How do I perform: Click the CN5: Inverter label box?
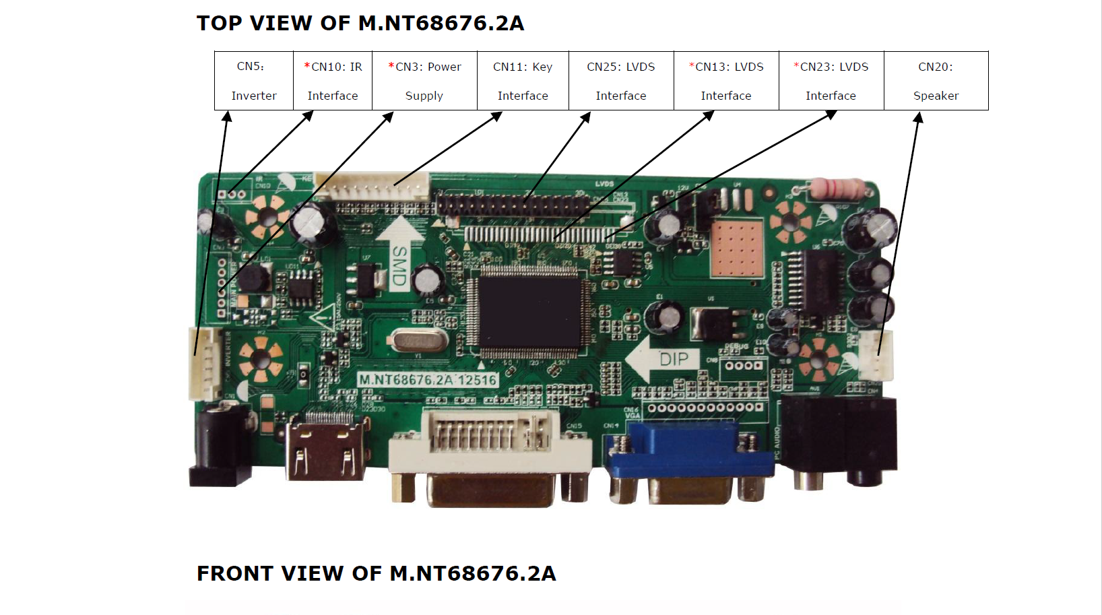[254, 81]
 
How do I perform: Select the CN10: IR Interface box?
[333, 81]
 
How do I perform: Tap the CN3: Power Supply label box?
[424, 81]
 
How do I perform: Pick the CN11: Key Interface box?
[523, 81]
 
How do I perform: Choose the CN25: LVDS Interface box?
[621, 81]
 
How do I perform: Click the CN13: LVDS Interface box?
[726, 81]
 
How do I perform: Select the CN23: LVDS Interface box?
[831, 81]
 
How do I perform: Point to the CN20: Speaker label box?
[936, 81]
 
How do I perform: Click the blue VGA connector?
[688, 458]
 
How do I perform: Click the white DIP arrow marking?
[663, 359]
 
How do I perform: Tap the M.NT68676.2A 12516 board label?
[428, 380]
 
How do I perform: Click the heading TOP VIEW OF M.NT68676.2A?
[360, 24]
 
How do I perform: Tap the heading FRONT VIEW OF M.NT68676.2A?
[376, 573]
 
